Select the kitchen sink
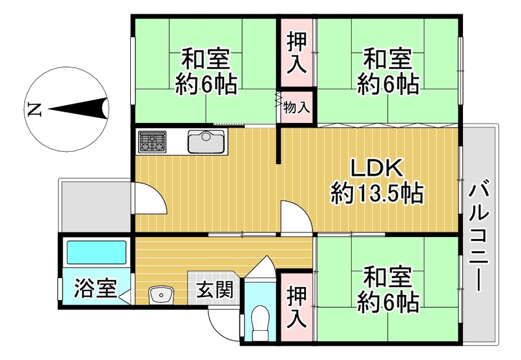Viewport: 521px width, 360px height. [206, 141]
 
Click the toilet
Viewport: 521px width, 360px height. [260, 319]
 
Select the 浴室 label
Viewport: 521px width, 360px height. [95, 287]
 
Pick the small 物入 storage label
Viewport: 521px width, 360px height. [297, 107]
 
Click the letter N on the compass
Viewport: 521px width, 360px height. [35, 109]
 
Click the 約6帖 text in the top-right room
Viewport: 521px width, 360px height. [388, 83]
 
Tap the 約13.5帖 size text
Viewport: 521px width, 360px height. [378, 193]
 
